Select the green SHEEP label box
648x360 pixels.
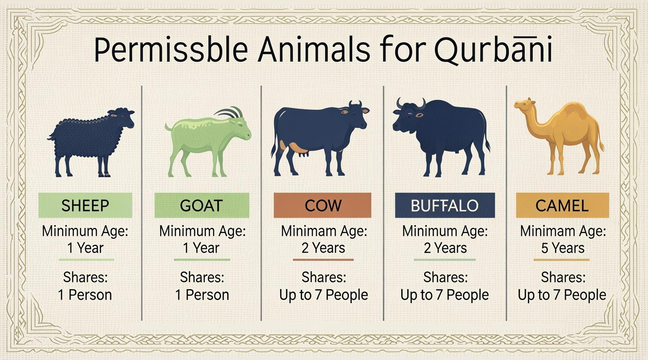tap(85, 205)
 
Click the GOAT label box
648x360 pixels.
tap(202, 205)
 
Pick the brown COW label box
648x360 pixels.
tap(322, 205)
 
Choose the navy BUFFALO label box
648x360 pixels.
tap(445, 205)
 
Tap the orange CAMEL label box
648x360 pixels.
tap(562, 205)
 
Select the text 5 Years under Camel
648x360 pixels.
tap(562, 248)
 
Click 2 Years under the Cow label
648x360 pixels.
tap(323, 248)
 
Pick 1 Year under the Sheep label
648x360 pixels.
tap(85, 248)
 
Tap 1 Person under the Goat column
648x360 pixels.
tap(202, 295)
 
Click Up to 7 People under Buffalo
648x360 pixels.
tap(445, 295)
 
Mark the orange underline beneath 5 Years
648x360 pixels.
tap(561, 259)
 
